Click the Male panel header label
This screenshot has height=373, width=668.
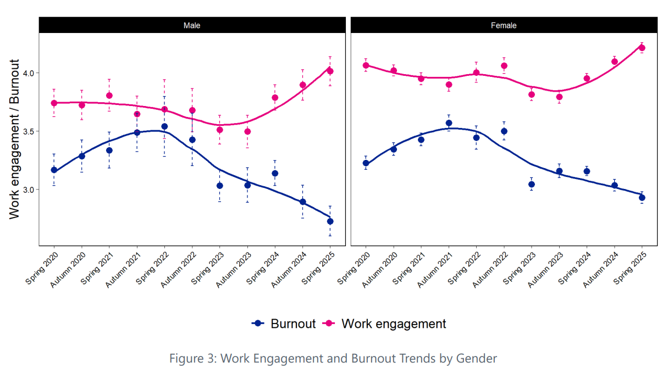point(191,25)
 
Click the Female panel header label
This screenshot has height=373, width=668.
point(504,25)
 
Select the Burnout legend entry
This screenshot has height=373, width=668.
point(284,324)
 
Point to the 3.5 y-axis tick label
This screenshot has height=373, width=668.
point(28,131)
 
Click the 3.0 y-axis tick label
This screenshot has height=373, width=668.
point(28,190)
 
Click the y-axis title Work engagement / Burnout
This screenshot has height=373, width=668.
point(15,139)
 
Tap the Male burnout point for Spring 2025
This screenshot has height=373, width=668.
point(330,221)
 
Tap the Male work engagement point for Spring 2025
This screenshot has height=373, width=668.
point(330,71)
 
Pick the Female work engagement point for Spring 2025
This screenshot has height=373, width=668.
point(642,48)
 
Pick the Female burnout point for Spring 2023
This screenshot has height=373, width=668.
point(531,184)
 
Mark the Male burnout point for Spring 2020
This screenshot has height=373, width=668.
point(54,170)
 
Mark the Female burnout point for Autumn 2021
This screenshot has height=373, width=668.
point(449,123)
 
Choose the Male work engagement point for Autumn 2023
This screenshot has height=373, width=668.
point(247,131)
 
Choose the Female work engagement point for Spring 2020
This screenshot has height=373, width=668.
point(366,65)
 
